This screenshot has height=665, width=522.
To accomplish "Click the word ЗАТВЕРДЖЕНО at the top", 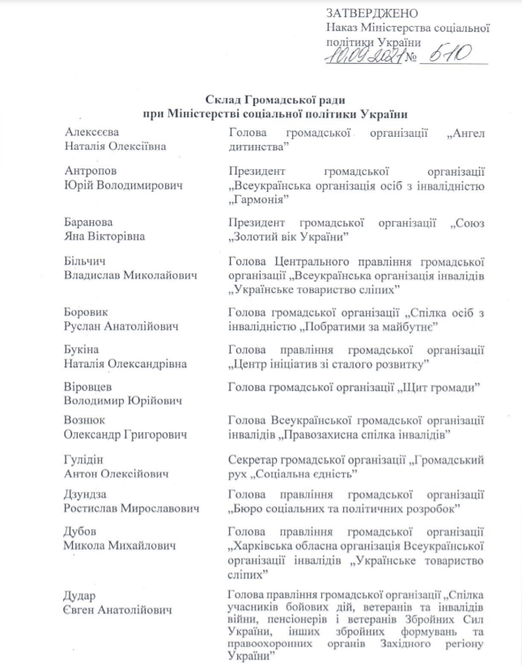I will pyautogui.click(x=371, y=14).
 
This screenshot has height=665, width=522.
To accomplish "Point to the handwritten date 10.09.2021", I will pyautogui.click(x=362, y=57).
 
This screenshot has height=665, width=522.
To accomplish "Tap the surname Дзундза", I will pyautogui.click(x=87, y=493).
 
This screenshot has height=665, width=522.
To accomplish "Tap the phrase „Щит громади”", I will pyautogui.click(x=437, y=388).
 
